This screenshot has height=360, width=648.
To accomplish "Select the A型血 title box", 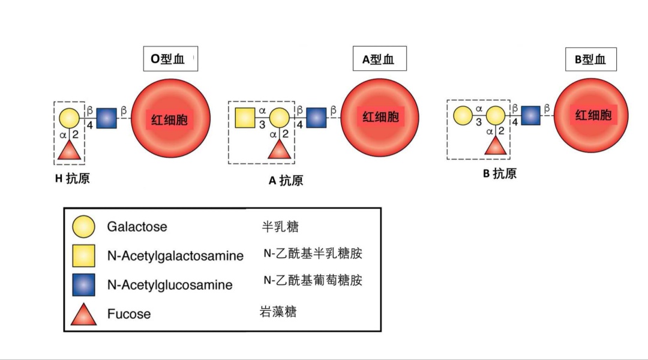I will [x=379, y=59].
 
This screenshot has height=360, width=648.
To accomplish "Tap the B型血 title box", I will [x=590, y=59].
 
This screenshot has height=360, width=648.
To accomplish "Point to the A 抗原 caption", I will [x=286, y=180].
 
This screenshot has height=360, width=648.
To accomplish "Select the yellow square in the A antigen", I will [x=245, y=118].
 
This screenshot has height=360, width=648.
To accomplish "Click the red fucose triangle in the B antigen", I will [x=496, y=145].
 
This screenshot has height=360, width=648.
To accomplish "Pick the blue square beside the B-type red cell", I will [x=530, y=115].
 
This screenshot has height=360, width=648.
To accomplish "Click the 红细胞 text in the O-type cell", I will [x=169, y=119].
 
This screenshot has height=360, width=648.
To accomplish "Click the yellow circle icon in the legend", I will [x=83, y=227].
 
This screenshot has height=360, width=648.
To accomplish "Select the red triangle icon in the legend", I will [x=83, y=314].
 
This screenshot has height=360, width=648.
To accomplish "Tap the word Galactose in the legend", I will [x=137, y=227].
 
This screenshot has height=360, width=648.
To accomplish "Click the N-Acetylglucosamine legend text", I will [x=170, y=284].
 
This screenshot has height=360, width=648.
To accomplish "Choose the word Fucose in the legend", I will [x=129, y=314].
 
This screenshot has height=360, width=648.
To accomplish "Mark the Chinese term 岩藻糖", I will [x=278, y=312].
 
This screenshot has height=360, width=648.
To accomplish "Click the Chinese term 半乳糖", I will [x=280, y=226].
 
